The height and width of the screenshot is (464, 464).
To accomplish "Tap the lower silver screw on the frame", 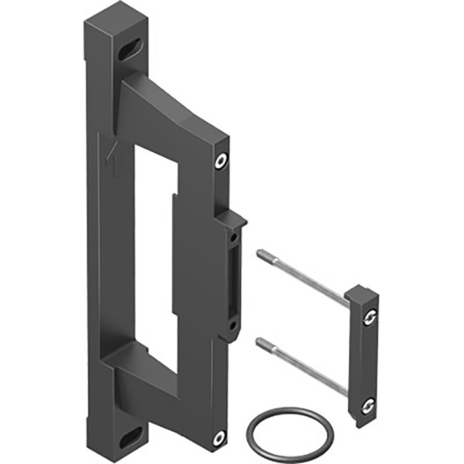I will click(x=219, y=436).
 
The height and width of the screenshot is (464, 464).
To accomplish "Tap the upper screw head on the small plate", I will click(x=369, y=319).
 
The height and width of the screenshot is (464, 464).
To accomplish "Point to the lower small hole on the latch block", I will click(x=233, y=325).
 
